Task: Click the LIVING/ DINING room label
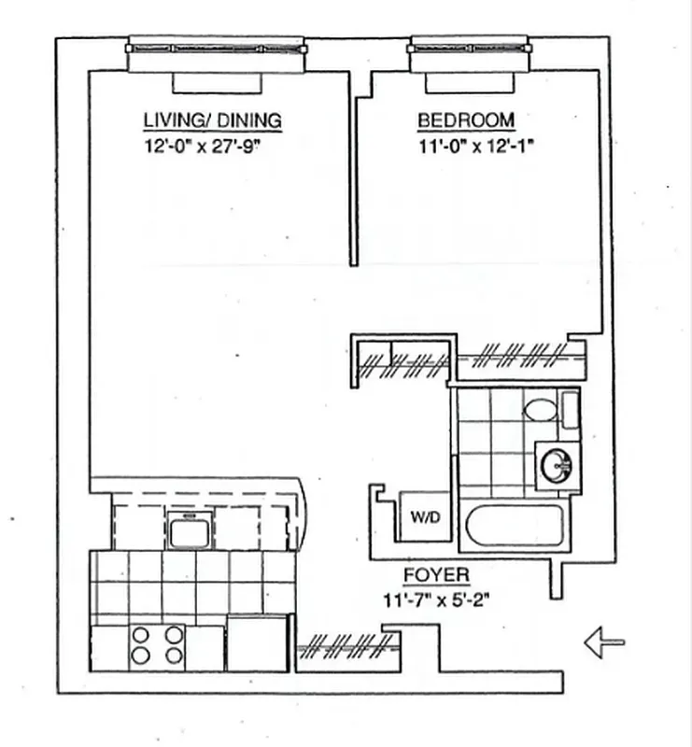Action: coord(211,120)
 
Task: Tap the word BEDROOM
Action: coord(465,120)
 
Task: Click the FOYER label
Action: coord(436,575)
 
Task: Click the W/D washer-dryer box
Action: coord(417,516)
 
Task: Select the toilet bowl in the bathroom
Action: coord(539,409)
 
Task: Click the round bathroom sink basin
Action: coord(558,463)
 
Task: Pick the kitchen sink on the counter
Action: coord(191,529)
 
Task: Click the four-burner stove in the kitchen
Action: coord(157,645)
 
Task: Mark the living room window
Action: coord(216,47)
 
